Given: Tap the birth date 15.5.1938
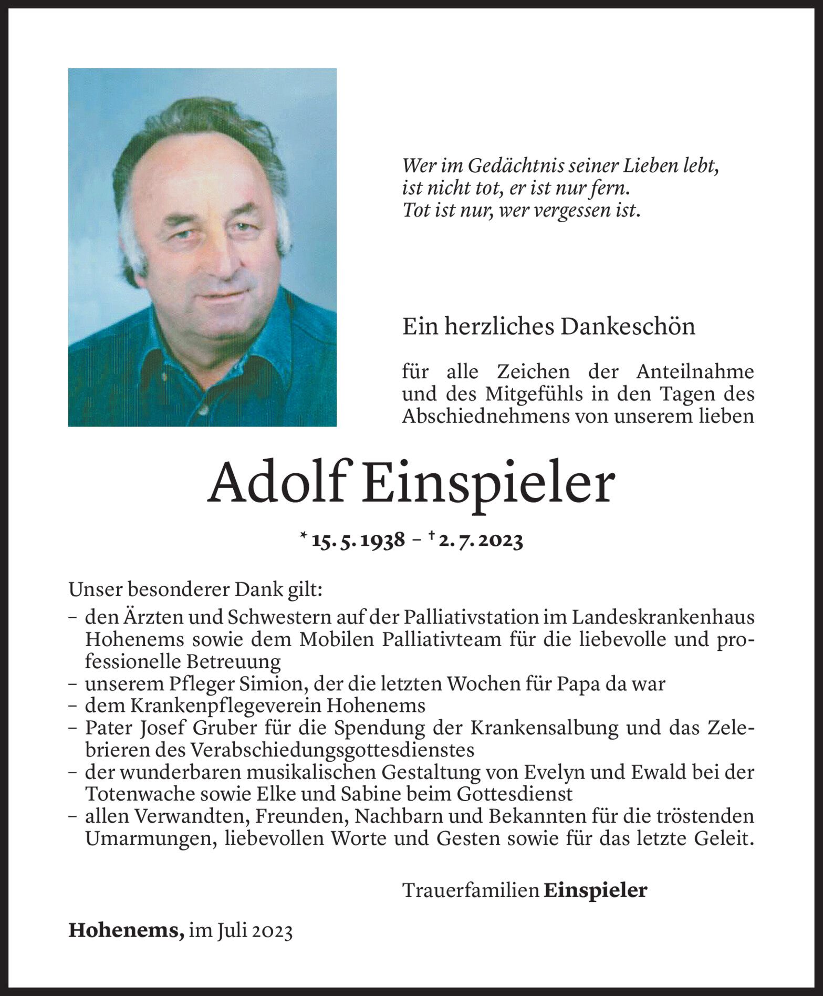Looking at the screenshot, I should pyautogui.click(x=358, y=541).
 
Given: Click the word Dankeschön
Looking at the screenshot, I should pyautogui.click(x=628, y=327).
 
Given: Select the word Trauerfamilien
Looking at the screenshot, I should pyautogui.click(x=471, y=890).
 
